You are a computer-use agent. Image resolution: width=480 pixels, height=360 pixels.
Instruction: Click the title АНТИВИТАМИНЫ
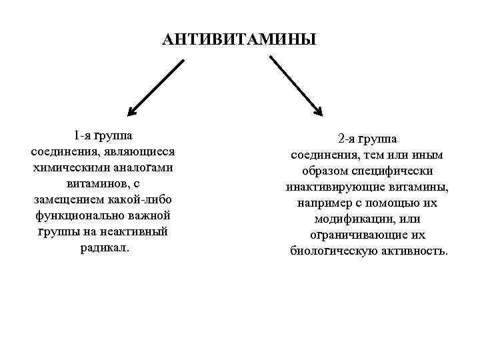coord(239,40)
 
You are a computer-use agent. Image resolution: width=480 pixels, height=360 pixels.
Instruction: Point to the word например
coord(320,203)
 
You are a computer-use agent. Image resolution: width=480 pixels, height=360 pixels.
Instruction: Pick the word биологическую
coord(329,251)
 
